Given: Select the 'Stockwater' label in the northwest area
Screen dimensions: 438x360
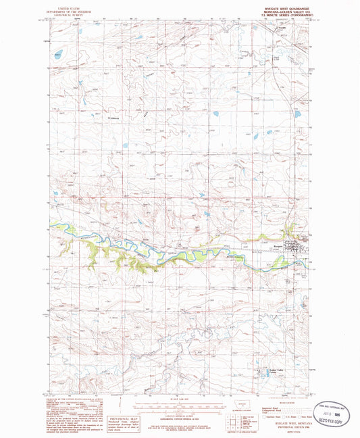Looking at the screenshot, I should coord(99,119).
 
